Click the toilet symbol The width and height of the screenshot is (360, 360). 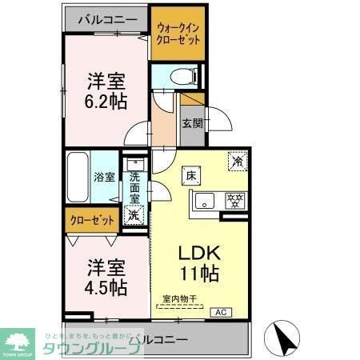[179, 77]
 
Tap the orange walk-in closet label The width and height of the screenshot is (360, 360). [178, 34]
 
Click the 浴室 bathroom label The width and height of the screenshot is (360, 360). [105, 177]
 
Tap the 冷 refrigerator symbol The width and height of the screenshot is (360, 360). [238, 159]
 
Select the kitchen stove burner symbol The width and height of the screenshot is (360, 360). [235, 200]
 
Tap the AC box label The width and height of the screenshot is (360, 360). [221, 312]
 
